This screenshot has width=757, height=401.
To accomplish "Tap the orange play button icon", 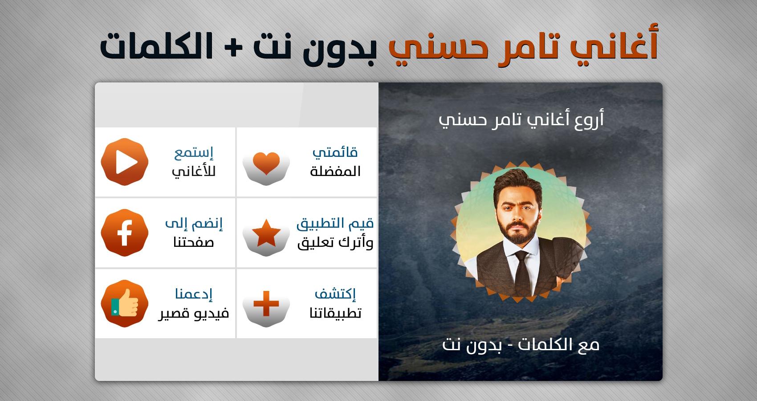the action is point(124,162).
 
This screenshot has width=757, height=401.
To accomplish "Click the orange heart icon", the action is point(266,163).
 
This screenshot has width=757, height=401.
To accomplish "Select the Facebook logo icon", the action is point(124,233).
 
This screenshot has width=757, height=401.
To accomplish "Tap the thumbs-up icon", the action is point(124,303).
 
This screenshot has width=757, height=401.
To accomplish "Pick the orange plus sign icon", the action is point(266,303).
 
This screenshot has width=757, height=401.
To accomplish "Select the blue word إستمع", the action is point(194,153).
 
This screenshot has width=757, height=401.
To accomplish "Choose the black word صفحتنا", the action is point(194,242).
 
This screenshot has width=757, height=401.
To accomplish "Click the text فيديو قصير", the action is point(194,313).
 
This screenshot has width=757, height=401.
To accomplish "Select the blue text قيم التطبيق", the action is point(335,224).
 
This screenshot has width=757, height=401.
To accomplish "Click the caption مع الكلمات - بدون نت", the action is point(521,345).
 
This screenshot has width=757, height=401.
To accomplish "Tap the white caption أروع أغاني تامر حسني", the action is point(521,119).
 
